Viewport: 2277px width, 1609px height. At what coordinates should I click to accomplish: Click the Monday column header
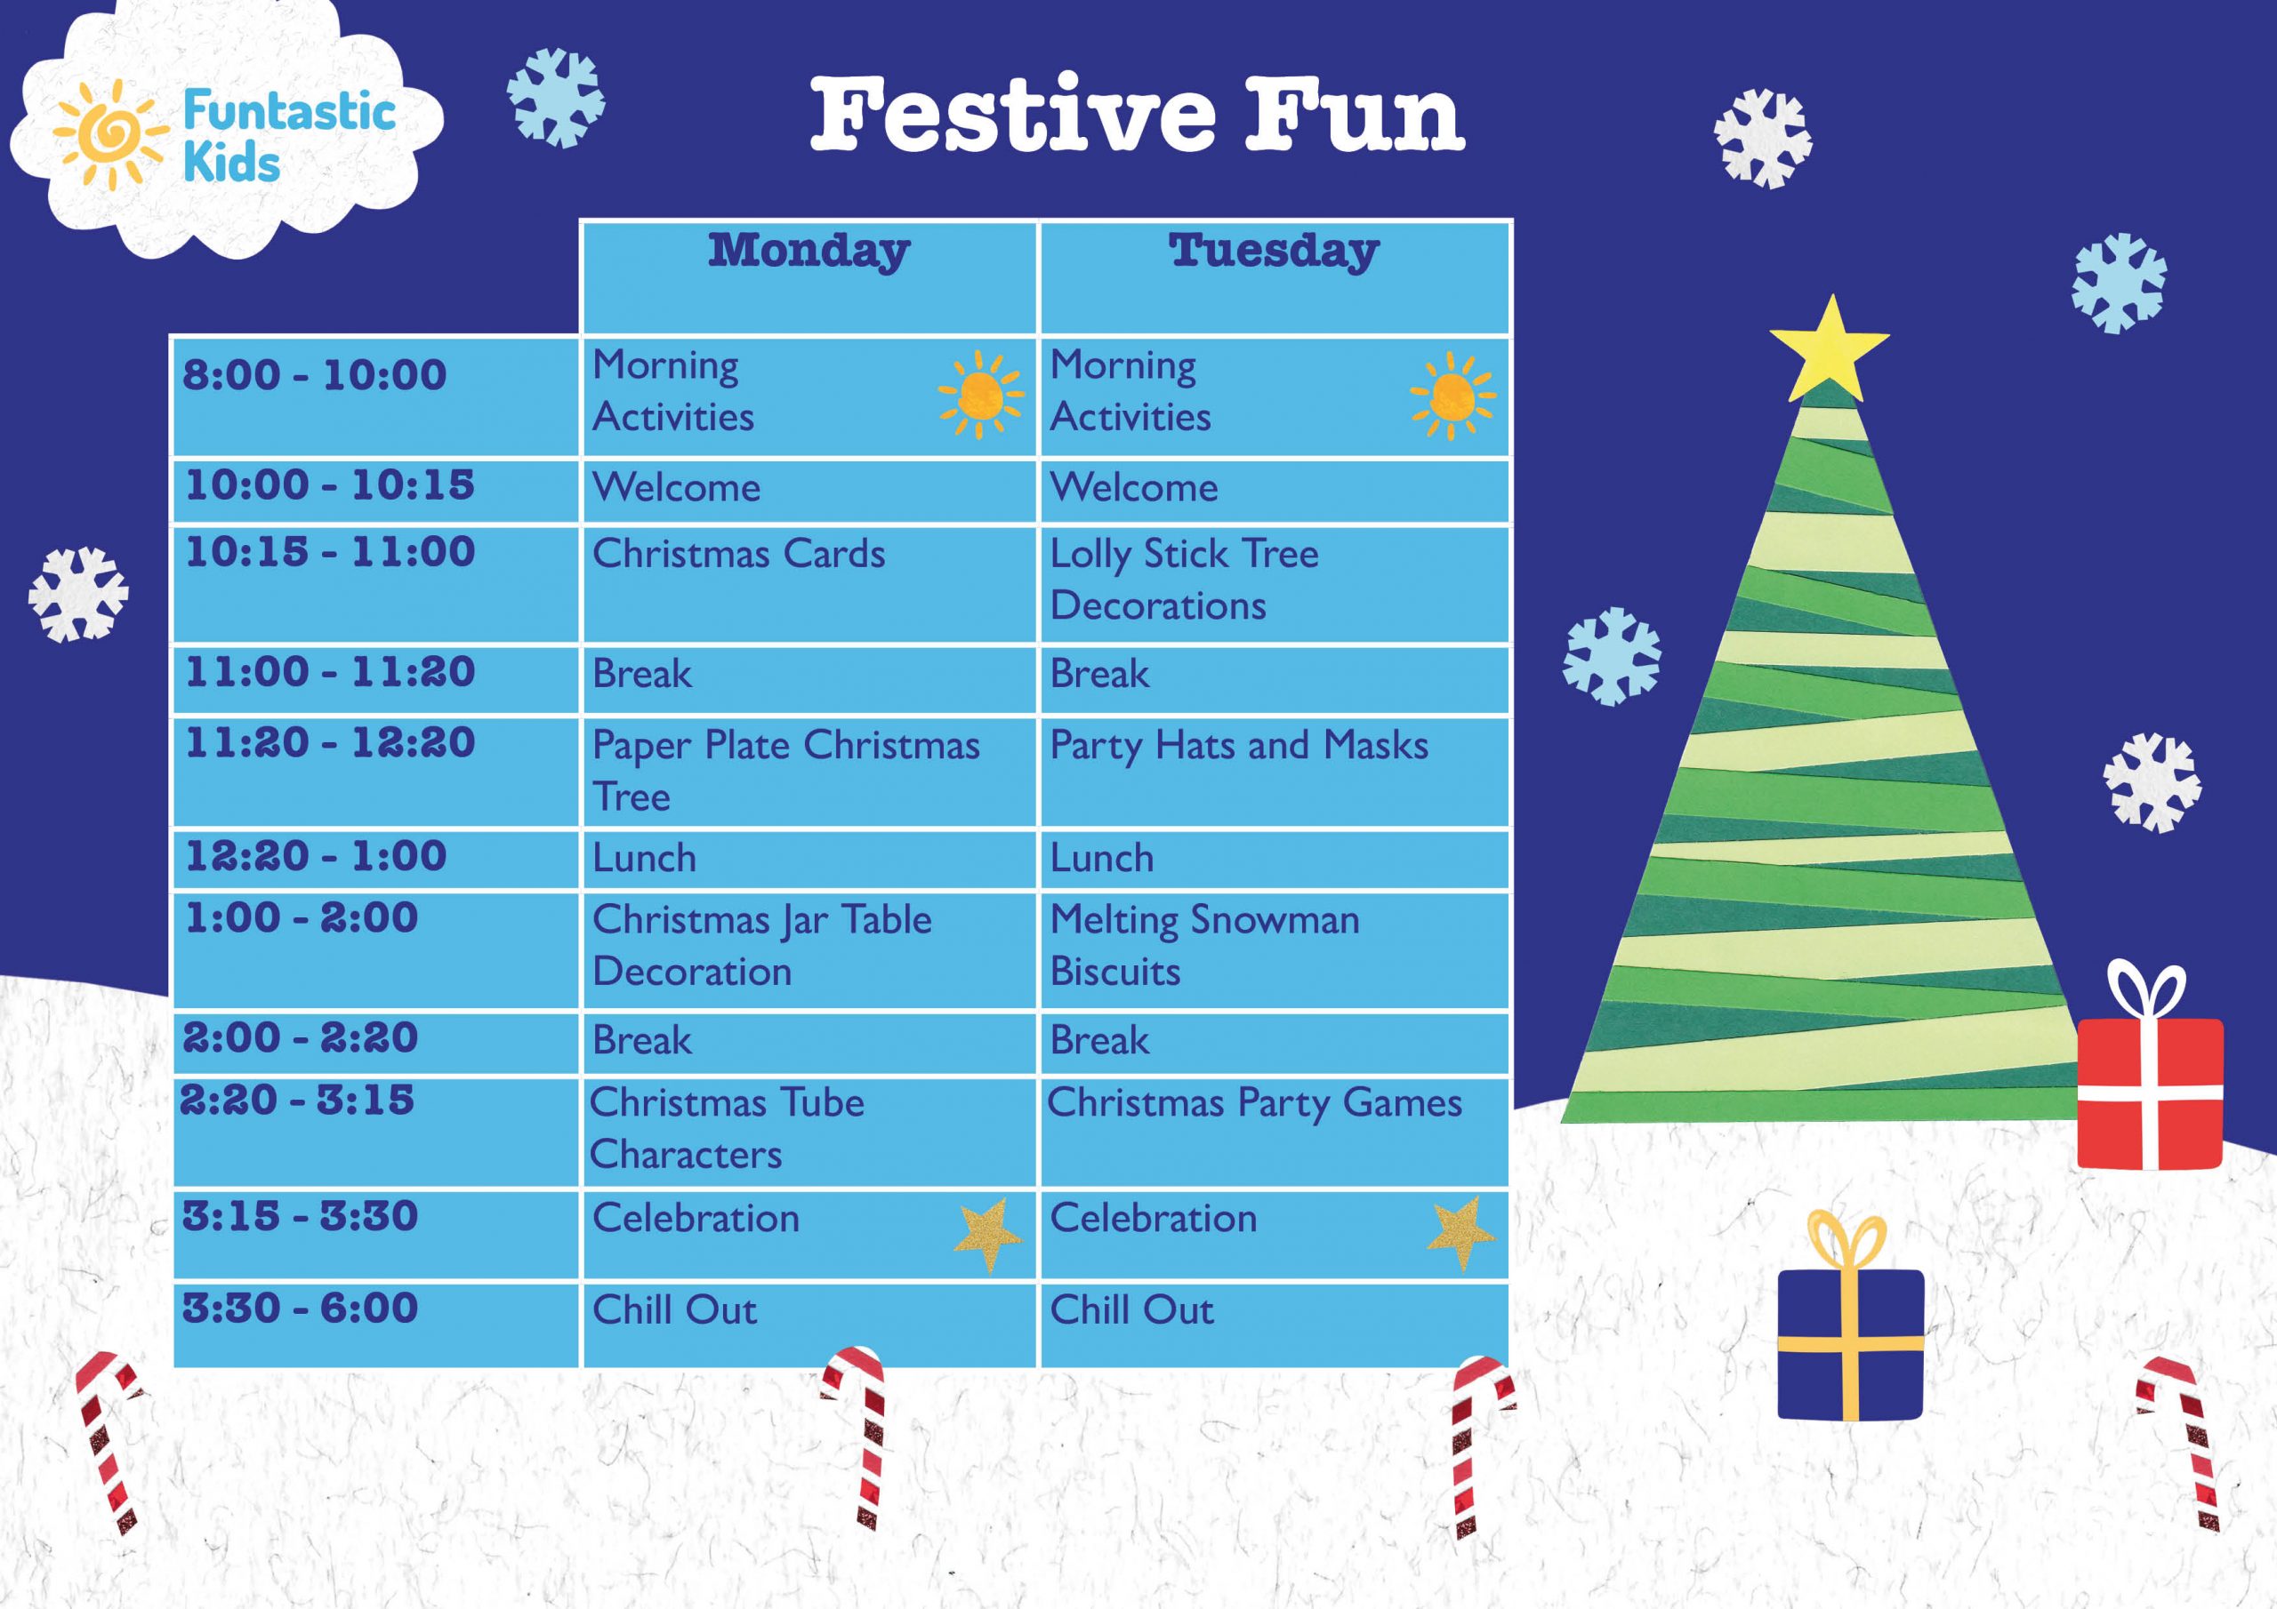point(809,251)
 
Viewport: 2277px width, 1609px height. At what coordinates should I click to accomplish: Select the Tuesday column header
point(1274,251)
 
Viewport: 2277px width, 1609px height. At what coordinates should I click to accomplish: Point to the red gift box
point(2149,1091)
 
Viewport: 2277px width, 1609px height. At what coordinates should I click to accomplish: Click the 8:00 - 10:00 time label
point(314,376)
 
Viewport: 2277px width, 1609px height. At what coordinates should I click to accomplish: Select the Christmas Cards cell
point(738,554)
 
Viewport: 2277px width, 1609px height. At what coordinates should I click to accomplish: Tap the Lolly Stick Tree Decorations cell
point(1184,579)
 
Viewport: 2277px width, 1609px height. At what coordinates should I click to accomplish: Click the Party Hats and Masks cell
point(1239,746)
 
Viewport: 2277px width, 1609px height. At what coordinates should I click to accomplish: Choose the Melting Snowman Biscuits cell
point(1204,945)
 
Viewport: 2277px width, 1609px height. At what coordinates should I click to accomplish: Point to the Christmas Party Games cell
point(1254,1103)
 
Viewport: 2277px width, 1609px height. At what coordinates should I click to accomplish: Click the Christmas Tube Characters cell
point(726,1128)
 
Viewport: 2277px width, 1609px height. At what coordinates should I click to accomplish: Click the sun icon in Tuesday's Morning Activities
point(1452,395)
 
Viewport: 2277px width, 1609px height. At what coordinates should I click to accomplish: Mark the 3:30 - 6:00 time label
point(300,1309)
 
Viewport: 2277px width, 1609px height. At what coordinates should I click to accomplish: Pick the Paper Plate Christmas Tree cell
point(785,771)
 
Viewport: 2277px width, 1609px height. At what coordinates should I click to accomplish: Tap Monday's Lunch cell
point(645,859)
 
